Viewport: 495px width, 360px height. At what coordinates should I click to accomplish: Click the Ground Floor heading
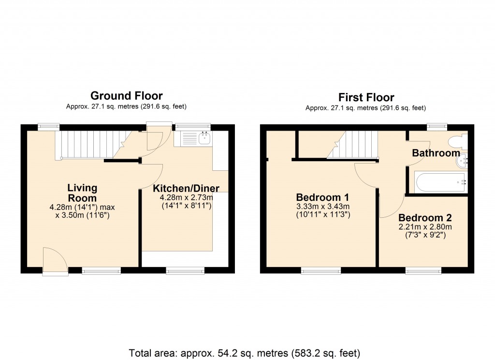pos(126,96)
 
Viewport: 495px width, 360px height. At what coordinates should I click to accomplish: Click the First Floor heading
pos(366,97)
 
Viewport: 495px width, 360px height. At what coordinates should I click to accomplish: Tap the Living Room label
pos(82,193)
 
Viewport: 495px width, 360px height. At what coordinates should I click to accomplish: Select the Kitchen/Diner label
pos(186,188)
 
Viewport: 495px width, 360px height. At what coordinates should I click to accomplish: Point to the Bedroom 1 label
pos(322,197)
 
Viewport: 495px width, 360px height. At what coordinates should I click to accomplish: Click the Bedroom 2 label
pos(424,218)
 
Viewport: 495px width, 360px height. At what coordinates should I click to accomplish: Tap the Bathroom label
pos(436,153)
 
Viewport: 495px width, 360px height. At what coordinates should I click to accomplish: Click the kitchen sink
pos(204,139)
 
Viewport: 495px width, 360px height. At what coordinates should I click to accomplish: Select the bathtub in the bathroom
pos(439,182)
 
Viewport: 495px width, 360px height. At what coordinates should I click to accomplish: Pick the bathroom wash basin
pos(463,160)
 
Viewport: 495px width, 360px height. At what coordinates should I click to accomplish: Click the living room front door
pos(56,262)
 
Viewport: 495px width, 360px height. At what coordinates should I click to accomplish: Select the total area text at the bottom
pos(245,353)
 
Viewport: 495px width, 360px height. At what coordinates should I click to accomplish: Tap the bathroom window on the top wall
pos(437,127)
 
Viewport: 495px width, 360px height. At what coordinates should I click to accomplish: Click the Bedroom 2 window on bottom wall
pos(423,271)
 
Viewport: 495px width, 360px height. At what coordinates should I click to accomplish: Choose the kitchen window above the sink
pos(193,127)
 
